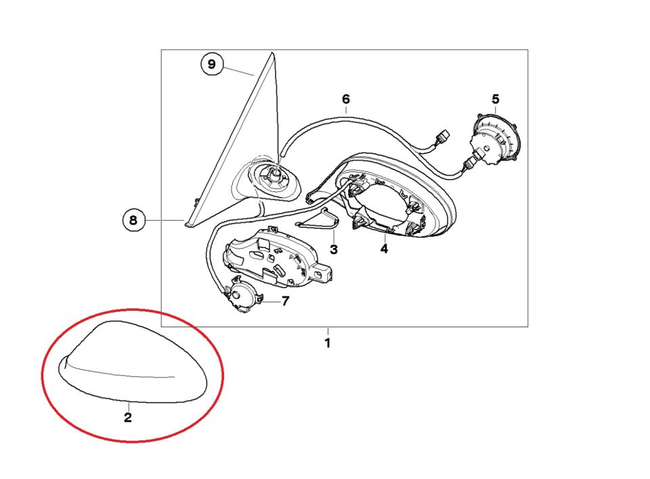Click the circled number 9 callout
point(212,64)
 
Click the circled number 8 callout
point(133,220)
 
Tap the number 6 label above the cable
point(346,99)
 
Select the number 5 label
point(496,99)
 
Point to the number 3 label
point(334,249)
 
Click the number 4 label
point(385,249)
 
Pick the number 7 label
point(285,301)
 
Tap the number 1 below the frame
point(328,343)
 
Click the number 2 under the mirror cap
point(128,417)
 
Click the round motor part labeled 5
point(496,138)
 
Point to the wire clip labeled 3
point(319,220)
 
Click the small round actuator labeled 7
point(242,295)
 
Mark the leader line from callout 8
point(164,220)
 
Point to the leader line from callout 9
point(238,70)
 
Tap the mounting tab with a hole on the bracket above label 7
point(322,274)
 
